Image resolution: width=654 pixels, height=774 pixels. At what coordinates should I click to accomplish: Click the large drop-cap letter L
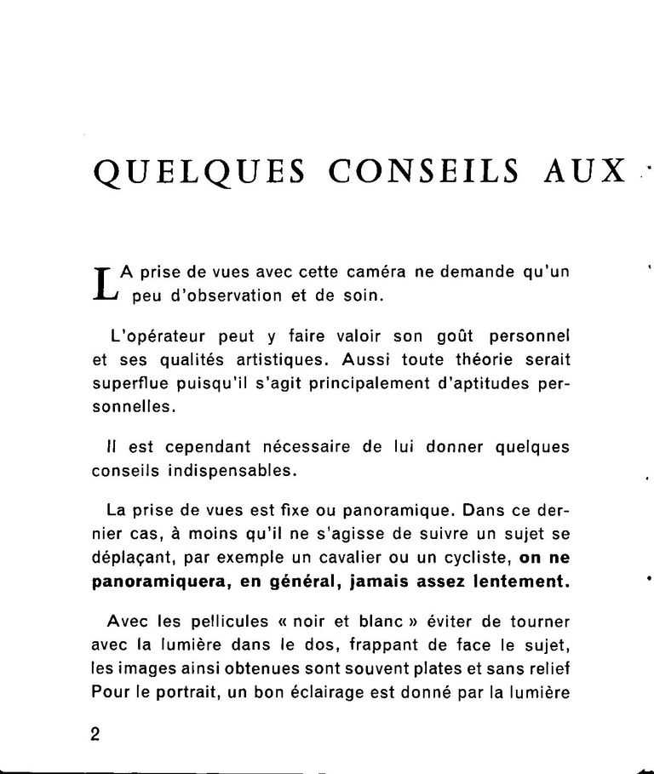pos(102,284)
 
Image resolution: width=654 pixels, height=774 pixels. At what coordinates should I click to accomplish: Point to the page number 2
pos(95,735)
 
